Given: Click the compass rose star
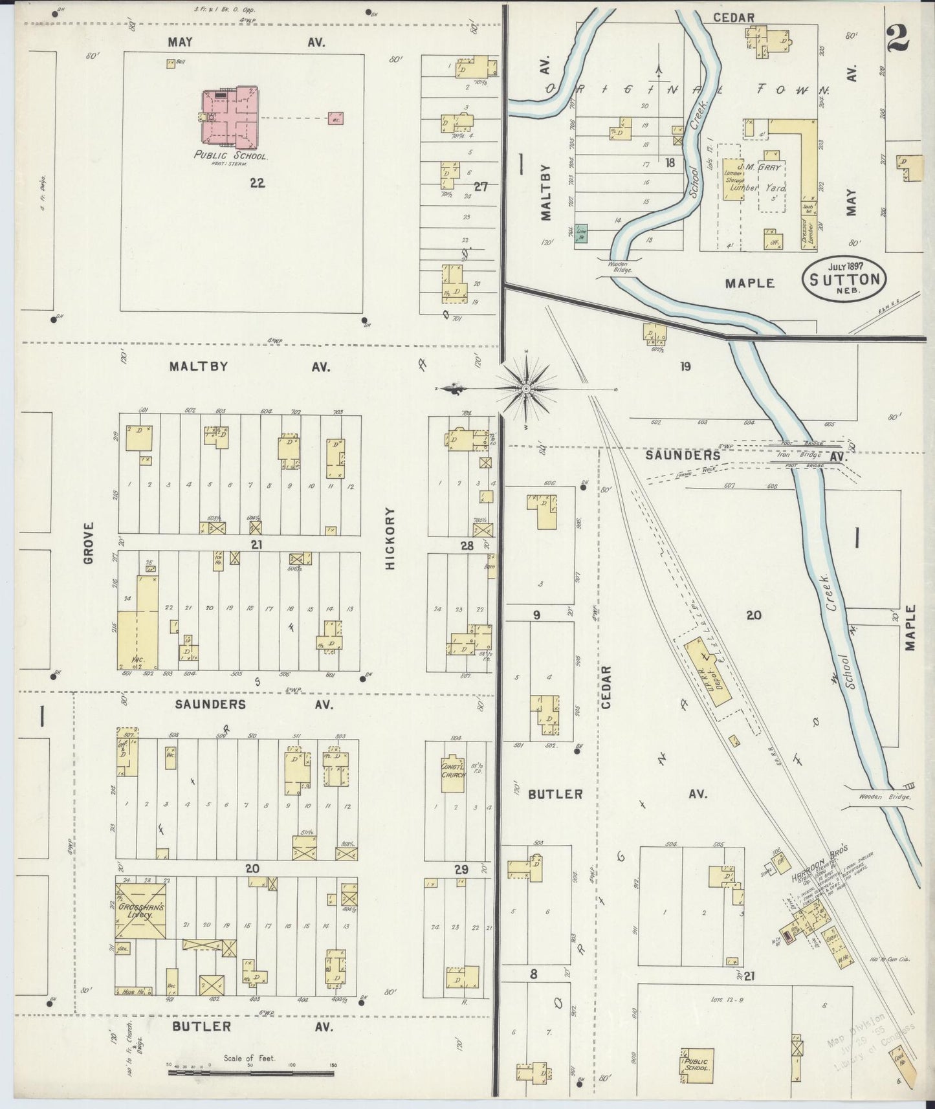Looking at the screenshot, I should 525,388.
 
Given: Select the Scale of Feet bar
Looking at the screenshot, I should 250,1073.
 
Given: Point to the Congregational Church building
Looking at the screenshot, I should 453,774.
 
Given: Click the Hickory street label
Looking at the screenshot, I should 390,547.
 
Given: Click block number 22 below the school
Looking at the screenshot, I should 257,183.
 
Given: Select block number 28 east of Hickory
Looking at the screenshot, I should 467,545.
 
